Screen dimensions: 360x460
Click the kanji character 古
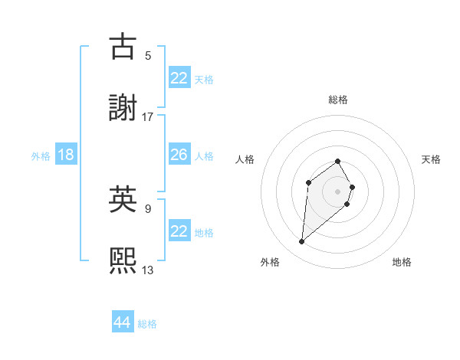[124, 46]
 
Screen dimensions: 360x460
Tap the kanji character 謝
[124, 108]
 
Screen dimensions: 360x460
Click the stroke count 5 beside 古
[148, 55]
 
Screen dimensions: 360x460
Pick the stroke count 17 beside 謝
[148, 117]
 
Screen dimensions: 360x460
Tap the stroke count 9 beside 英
[148, 207]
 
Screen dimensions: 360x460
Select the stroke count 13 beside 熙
[148, 270]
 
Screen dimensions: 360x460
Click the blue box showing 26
[179, 155]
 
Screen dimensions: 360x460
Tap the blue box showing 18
[66, 155]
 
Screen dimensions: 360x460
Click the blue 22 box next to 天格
[179, 78]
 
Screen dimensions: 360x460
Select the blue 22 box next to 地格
[179, 231]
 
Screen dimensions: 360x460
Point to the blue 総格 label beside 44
[147, 324]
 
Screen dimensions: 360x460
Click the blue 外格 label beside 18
[41, 155]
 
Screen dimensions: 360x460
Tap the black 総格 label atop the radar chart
[338, 100]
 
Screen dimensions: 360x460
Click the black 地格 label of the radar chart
[402, 262]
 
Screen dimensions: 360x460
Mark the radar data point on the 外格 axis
[302, 242]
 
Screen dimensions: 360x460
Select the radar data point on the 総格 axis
[338, 161]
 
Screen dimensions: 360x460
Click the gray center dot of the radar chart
[338, 191]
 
